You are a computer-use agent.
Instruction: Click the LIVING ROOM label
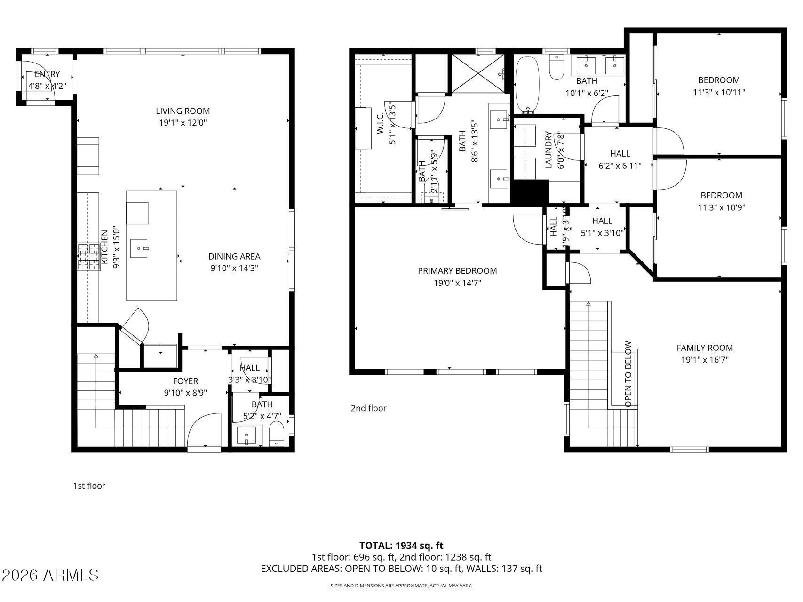[183, 111]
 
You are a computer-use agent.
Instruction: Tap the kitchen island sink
[139, 248]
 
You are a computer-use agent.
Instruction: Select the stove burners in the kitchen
[88, 257]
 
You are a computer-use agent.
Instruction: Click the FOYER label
[185, 381]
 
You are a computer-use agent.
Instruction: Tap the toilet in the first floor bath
[277, 433]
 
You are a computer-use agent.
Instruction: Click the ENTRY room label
[47, 74]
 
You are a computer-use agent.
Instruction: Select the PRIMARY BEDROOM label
[457, 270]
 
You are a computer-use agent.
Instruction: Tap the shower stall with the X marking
[477, 73]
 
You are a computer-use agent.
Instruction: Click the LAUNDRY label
[548, 150]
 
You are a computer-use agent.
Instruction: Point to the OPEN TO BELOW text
[628, 374]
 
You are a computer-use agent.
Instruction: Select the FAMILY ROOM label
[704, 348]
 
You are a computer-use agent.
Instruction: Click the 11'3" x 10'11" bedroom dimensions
[719, 93]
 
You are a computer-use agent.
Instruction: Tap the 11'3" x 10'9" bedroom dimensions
[721, 207]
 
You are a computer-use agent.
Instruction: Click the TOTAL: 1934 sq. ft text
[401, 546]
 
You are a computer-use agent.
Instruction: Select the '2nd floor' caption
[368, 408]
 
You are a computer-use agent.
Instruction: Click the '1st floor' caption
[89, 486]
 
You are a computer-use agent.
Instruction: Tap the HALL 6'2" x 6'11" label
[620, 154]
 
